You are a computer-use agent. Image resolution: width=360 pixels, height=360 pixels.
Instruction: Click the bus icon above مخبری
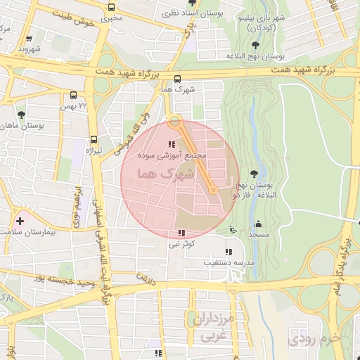pyautogui.click(x=111, y=8)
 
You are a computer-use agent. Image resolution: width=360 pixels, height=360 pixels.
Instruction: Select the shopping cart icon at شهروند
pyautogui.click(x=29, y=39)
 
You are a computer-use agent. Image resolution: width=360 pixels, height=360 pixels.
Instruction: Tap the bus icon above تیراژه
pyautogui.click(x=94, y=139)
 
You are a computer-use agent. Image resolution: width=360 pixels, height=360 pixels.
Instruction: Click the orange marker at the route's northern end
pyautogui.click(x=175, y=120)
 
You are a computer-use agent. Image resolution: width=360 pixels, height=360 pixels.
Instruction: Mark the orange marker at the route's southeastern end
pyautogui.click(x=213, y=189)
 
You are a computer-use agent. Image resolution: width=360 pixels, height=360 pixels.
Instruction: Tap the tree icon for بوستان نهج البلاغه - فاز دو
pyautogui.click(x=255, y=175)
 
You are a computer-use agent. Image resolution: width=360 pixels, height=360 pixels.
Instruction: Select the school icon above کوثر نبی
pyautogui.click(x=182, y=233)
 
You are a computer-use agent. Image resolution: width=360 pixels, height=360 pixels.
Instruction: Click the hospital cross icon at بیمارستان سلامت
pyautogui.click(x=20, y=221)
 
